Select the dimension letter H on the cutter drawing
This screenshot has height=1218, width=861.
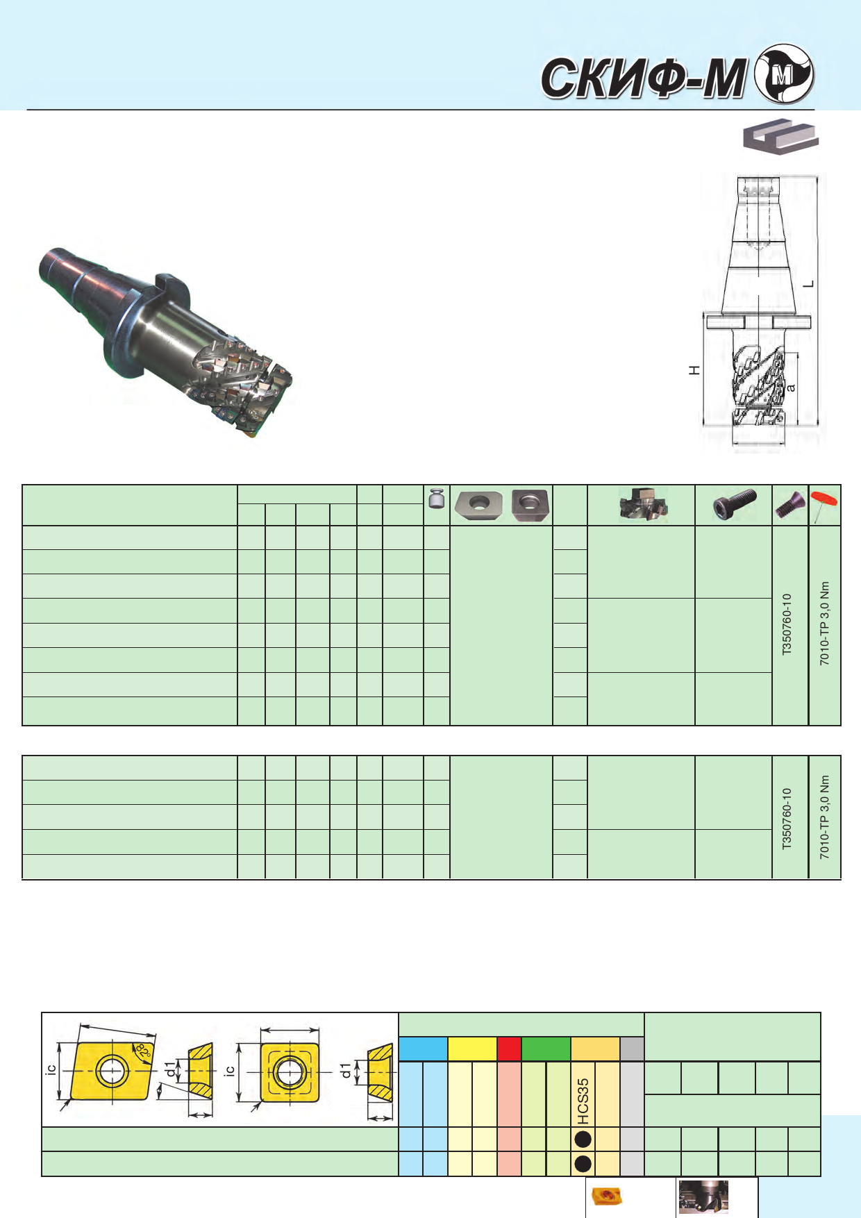(x=694, y=370)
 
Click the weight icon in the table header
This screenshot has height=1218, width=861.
(x=436, y=499)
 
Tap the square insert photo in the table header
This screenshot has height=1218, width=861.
(x=530, y=505)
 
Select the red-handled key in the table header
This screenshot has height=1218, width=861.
(x=825, y=504)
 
